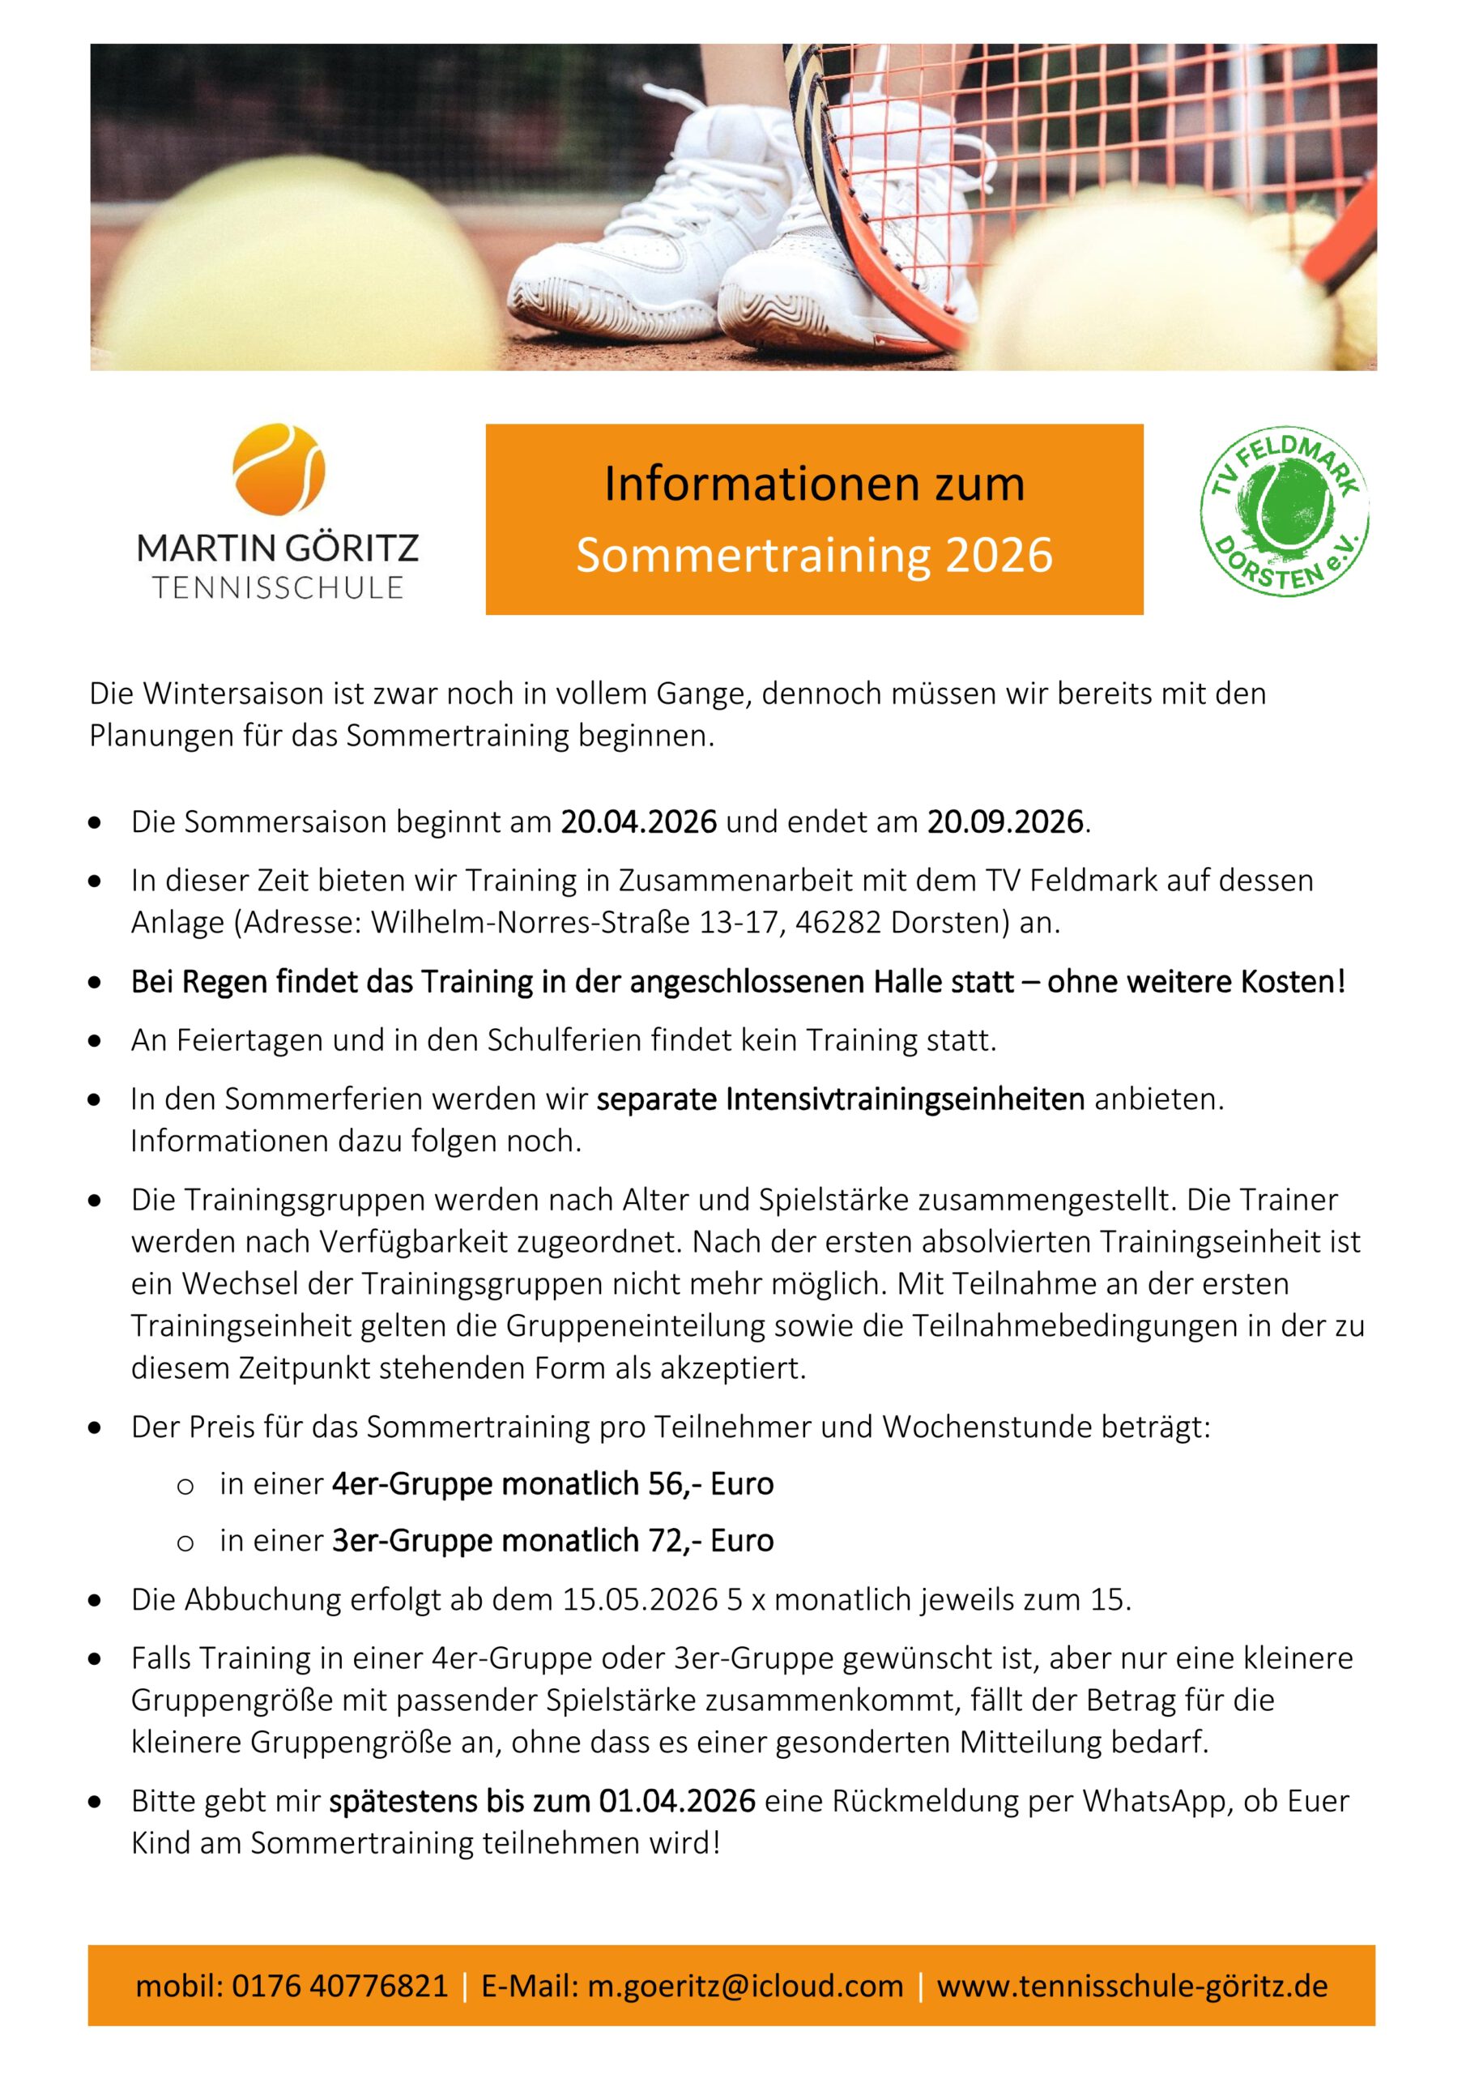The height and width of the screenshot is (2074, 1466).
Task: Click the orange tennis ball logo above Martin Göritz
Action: pos(278,470)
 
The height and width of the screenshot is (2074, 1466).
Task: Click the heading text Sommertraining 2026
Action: pos(814,555)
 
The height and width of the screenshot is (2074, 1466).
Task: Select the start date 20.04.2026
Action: pos(638,822)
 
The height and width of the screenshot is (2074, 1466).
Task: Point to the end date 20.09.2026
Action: pos(1004,822)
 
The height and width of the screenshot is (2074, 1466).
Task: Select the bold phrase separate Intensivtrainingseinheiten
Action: pos(840,1099)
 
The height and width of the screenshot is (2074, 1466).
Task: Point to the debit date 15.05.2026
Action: pos(640,1599)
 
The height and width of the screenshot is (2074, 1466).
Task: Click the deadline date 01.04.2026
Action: pos(676,1800)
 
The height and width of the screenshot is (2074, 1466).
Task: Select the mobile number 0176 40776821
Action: pos(339,1986)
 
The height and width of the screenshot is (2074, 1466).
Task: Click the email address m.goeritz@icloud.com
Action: pos(745,1986)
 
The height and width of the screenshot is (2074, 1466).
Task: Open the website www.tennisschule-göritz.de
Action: pos(1131,1986)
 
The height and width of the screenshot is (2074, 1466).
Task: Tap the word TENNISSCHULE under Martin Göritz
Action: pos(278,587)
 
